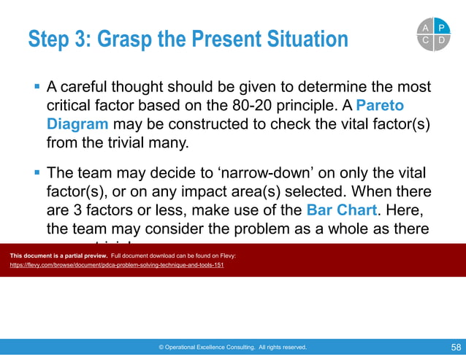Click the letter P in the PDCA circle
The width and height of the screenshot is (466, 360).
point(440,27)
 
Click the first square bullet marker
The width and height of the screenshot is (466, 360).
point(37,87)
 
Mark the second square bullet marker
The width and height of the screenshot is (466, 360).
point(37,174)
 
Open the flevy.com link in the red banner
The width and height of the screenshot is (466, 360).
point(117,265)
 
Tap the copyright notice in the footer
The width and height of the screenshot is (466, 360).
point(232,348)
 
